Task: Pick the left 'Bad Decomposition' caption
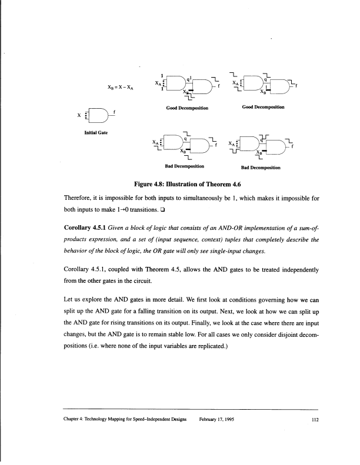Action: pos(189,166)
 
